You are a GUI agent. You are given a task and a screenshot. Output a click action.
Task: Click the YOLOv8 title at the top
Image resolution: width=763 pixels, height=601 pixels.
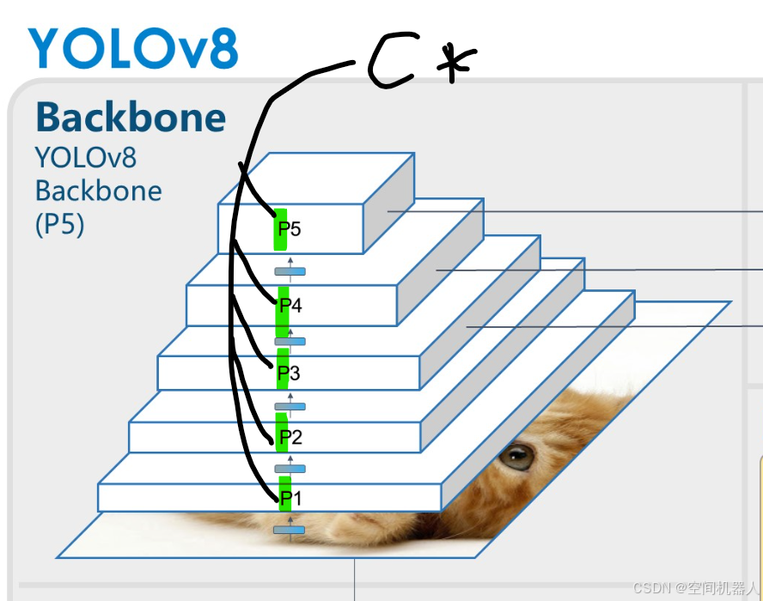point(132,48)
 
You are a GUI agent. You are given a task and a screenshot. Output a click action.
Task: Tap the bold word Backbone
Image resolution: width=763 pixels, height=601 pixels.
point(131,118)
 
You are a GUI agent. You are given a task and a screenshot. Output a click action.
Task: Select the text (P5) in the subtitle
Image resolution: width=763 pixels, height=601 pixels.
point(59,224)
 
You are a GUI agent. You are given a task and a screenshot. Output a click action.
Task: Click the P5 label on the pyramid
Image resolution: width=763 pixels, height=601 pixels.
point(290,229)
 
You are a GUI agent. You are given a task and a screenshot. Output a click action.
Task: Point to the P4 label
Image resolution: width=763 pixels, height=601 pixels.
point(290,305)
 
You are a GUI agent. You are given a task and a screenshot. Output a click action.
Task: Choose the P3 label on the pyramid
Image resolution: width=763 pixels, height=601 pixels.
point(290,373)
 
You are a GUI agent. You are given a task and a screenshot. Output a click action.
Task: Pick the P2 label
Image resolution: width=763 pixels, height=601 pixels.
point(290,438)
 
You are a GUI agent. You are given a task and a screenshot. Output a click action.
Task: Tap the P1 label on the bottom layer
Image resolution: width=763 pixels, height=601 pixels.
point(290,498)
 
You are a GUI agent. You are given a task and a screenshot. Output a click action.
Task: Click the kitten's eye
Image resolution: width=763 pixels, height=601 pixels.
point(517,456)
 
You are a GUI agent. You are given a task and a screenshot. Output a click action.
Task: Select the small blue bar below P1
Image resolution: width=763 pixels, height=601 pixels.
point(289,530)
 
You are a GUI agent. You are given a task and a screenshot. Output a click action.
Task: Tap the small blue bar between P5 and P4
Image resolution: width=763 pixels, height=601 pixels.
point(290,271)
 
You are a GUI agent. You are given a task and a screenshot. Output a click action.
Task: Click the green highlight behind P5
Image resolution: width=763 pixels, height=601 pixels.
point(280,229)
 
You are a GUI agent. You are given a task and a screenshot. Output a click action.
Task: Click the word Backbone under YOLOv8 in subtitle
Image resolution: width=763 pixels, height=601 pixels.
point(98,191)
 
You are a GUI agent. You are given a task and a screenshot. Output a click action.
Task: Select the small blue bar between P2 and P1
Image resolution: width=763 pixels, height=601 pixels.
point(290,469)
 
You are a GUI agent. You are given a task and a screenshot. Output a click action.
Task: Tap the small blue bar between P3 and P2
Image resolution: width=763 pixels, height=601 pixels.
point(290,406)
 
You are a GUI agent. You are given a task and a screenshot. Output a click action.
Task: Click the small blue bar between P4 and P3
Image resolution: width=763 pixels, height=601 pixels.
point(290,342)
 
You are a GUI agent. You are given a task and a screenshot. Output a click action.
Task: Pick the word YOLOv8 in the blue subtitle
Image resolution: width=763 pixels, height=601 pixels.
point(86,158)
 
